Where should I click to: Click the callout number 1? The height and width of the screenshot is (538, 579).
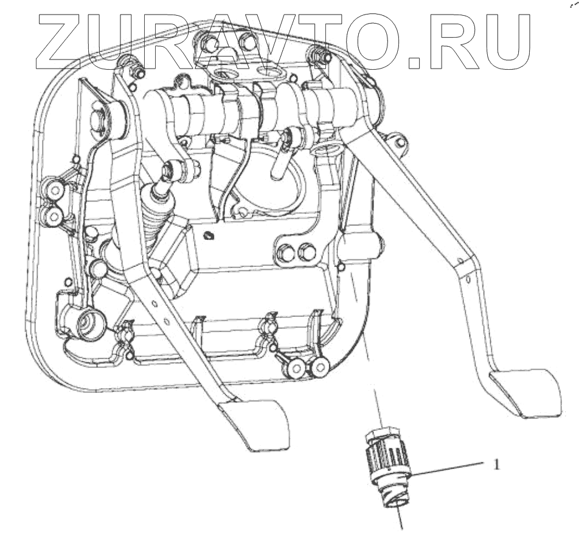point(497,465)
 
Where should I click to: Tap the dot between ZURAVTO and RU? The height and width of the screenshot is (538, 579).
point(414,61)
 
